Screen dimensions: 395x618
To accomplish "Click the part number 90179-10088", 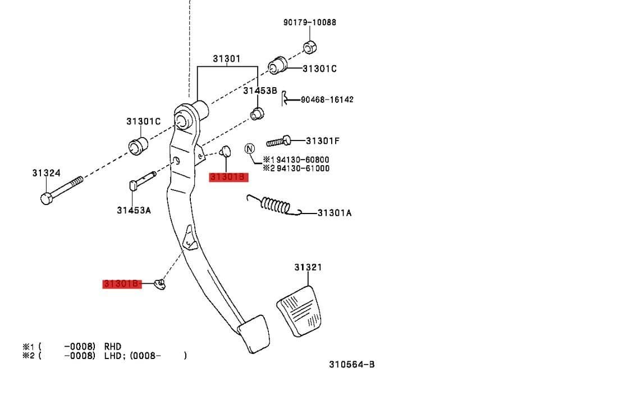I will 310,22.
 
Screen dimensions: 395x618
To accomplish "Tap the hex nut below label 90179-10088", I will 308,47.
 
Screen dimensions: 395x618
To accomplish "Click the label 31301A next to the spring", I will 335,213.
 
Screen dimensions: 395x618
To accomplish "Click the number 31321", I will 308,267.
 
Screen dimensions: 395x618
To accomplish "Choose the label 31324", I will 46,174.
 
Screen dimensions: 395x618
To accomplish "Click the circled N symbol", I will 249,149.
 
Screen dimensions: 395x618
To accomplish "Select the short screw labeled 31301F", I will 279,140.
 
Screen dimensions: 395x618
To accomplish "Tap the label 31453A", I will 134,210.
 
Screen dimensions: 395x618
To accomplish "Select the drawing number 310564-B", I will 352,364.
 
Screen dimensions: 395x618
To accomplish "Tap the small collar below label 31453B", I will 257,113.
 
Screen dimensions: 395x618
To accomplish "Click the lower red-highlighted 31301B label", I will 121,284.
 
